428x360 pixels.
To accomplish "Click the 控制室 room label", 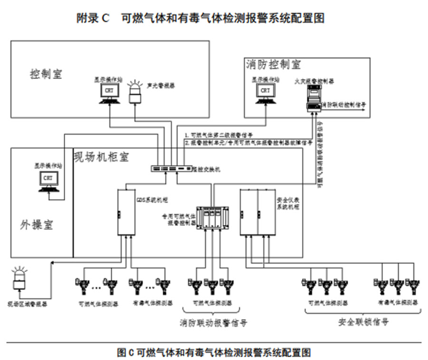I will point(46,74).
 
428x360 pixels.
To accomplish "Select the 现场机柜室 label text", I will point(101,156).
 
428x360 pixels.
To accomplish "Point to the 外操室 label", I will point(37,225).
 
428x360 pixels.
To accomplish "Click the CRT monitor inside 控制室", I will point(109,92).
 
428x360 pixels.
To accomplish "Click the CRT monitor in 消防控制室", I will point(265,92).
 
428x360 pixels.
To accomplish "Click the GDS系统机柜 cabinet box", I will point(126,212).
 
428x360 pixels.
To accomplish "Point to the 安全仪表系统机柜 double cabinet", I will point(257,212).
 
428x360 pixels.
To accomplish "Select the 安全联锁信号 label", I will point(363,322).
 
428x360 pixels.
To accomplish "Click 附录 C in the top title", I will point(93,19).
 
